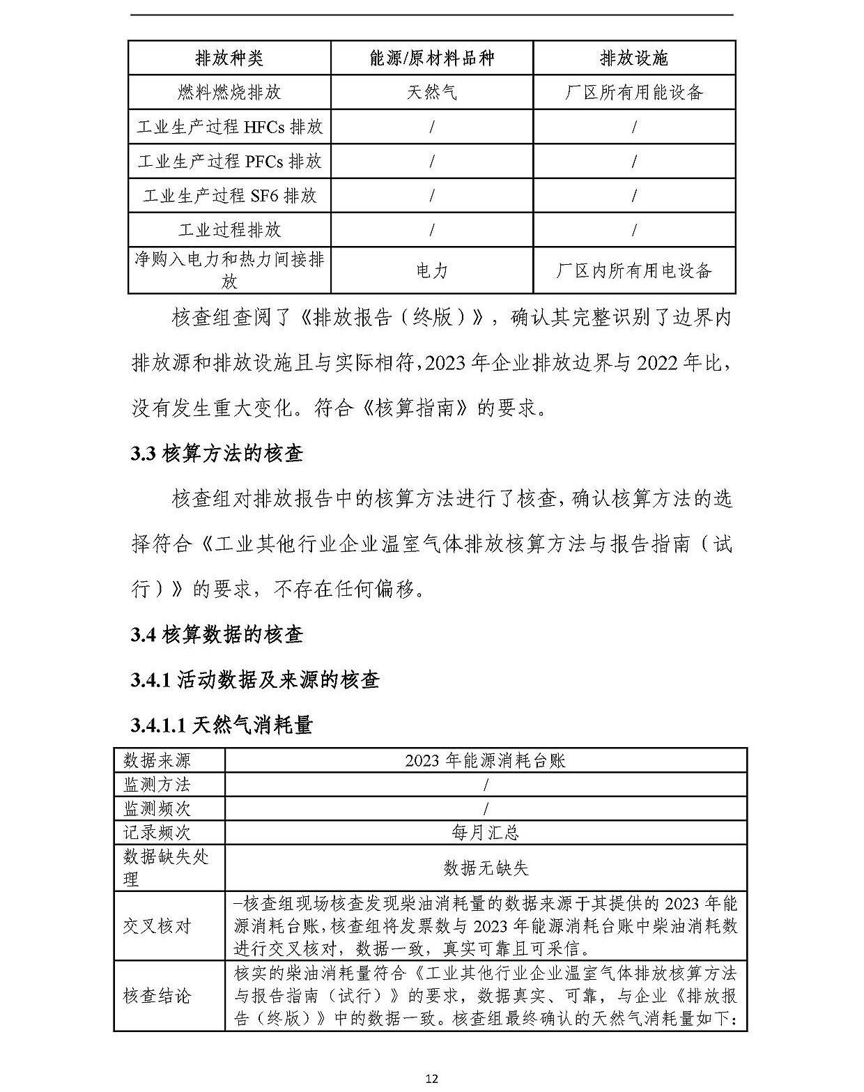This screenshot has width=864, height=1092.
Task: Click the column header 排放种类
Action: pyautogui.click(x=229, y=58)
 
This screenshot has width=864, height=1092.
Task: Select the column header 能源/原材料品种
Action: pyautogui.click(x=432, y=58)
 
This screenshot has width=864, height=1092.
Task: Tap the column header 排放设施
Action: pyautogui.click(x=634, y=58)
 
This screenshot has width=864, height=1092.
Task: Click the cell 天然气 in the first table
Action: pyautogui.click(x=432, y=92)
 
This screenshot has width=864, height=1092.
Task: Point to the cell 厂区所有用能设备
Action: pyautogui.click(x=634, y=92)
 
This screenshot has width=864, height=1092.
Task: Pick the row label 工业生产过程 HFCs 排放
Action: pyautogui.click(x=229, y=127)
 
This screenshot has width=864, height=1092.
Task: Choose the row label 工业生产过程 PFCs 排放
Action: pyautogui.click(x=229, y=162)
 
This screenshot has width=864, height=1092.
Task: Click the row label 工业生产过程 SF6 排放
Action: pyautogui.click(x=229, y=196)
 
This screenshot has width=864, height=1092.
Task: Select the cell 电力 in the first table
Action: pyautogui.click(x=432, y=270)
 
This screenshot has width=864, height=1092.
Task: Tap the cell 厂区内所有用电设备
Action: pyautogui.click(x=634, y=270)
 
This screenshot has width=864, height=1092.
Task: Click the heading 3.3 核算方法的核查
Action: pyautogui.click(x=217, y=454)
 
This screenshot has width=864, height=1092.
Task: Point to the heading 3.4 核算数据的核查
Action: pyautogui.click(x=217, y=635)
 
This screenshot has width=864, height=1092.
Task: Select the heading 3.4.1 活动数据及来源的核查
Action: pyautogui.click(x=255, y=680)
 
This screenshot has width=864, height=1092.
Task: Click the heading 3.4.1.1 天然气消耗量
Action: pyautogui.click(x=222, y=725)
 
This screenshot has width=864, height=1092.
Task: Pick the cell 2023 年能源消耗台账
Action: pyautogui.click(x=485, y=760)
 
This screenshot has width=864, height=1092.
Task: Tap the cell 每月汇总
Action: pyautogui.click(x=485, y=832)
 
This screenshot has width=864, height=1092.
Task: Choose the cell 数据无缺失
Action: pyautogui.click(x=485, y=868)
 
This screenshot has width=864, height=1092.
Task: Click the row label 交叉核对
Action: pyautogui.click(x=157, y=926)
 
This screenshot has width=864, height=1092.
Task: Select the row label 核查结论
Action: pyautogui.click(x=157, y=996)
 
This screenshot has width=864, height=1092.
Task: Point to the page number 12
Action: pyautogui.click(x=432, y=1078)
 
